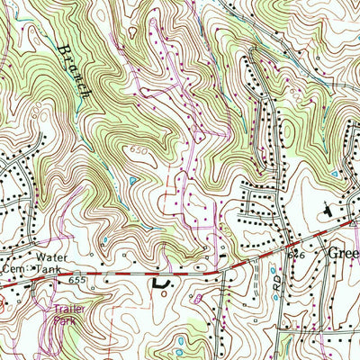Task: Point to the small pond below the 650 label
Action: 132,181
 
